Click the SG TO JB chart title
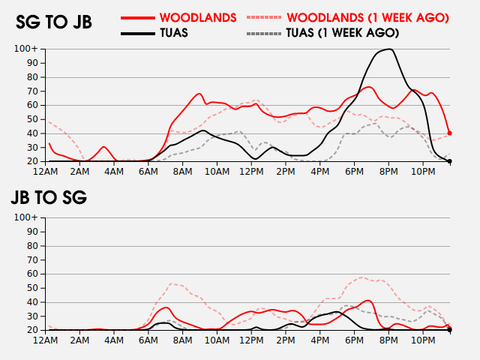(x=54, y=22)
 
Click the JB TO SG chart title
(x=49, y=199)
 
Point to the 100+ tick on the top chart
(x=26, y=49)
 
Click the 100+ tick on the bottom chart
(x=26, y=217)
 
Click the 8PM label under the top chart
(x=388, y=172)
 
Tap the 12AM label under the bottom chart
(x=46, y=340)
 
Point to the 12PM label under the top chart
(x=251, y=172)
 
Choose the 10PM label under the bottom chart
(x=423, y=340)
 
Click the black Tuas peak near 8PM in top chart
(x=388, y=49)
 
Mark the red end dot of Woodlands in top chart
(x=449, y=133)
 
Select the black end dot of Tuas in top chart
(x=449, y=161)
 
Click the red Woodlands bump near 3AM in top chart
(x=103, y=147)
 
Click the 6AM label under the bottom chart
(x=148, y=340)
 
